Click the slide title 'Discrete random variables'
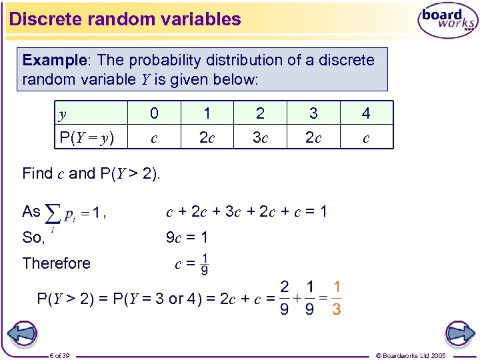pyautogui.click(x=125, y=19)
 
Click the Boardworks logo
pyautogui.click(x=448, y=20)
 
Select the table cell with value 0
pyautogui.click(x=154, y=113)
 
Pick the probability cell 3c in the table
pyautogui.click(x=260, y=138)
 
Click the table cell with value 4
pyautogui.click(x=366, y=113)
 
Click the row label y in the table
pyautogui.click(x=63, y=113)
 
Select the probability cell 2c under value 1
pyautogui.click(x=207, y=138)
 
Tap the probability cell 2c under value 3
pyautogui.click(x=313, y=138)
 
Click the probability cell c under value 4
pyautogui.click(x=366, y=138)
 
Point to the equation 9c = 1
pyautogui.click(x=187, y=237)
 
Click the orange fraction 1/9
pyautogui.click(x=204, y=264)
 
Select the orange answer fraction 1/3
pyautogui.click(x=337, y=298)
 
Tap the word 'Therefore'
pyautogui.click(x=56, y=263)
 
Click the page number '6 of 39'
pyautogui.click(x=64, y=355)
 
